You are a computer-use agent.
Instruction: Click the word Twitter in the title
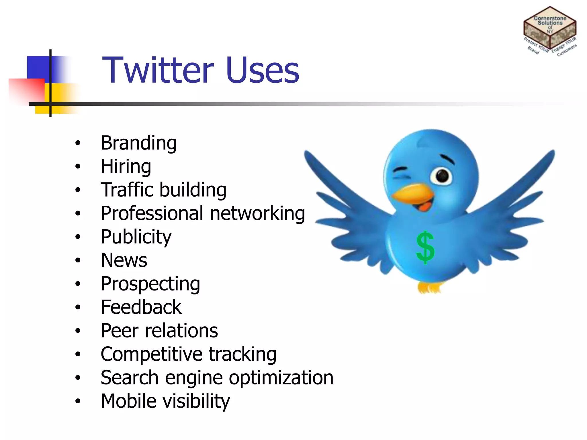158,70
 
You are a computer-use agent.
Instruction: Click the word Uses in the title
262,70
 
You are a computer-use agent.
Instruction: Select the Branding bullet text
139,143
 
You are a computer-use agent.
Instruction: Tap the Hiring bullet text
126,166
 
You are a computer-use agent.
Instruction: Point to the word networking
257,213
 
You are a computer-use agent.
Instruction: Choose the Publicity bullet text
136,237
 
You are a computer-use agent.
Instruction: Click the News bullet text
124,260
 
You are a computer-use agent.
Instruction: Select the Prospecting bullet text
150,284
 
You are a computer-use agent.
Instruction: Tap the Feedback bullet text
141,307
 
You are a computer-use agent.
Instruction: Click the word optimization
281,378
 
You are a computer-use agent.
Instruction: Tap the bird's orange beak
413,195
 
